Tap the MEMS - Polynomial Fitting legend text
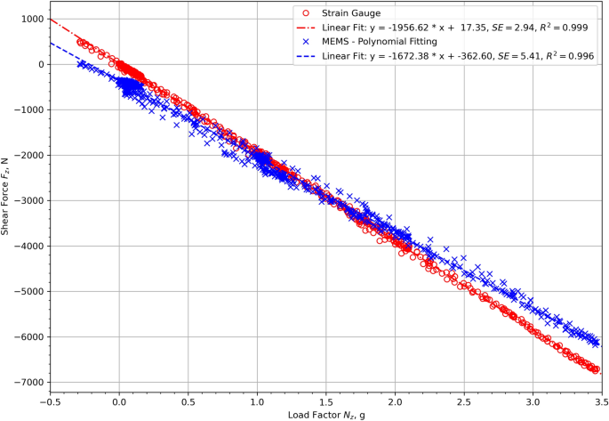(383, 41)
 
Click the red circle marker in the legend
(307, 13)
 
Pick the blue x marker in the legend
(307, 41)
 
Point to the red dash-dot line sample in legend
(307, 27)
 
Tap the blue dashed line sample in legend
(307, 55)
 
